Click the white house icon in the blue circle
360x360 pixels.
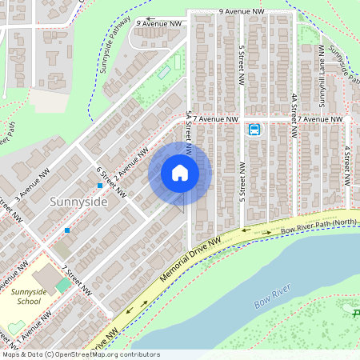pos(180,173)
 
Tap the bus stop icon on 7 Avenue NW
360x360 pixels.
pos(254,130)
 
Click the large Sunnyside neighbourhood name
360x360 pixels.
pos(78,202)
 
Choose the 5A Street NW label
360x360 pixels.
pos(189,131)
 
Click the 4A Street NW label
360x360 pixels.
pos(294,109)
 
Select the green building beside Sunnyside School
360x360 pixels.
pos(62,286)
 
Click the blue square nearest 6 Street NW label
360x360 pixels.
pos(100,186)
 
